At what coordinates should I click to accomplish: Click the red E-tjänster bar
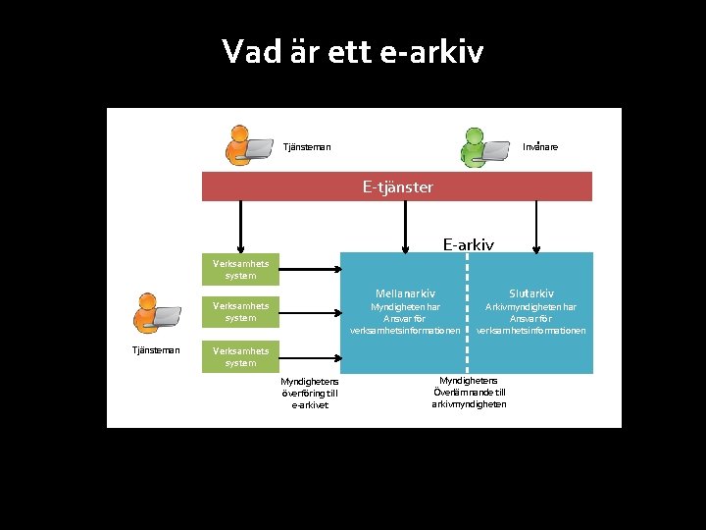[397, 186]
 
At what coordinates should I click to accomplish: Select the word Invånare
[540, 147]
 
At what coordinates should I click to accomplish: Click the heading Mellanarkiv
[405, 292]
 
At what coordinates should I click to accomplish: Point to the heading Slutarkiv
[531, 292]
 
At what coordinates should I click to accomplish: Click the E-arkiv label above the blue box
[468, 243]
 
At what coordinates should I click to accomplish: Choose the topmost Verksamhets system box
[240, 269]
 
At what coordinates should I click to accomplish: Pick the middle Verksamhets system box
[240, 311]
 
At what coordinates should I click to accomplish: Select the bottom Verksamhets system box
[240, 356]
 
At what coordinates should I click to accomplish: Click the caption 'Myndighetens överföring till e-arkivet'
[310, 393]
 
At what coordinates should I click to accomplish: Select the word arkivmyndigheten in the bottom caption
[469, 404]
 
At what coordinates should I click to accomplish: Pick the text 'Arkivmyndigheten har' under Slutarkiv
[531, 306]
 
